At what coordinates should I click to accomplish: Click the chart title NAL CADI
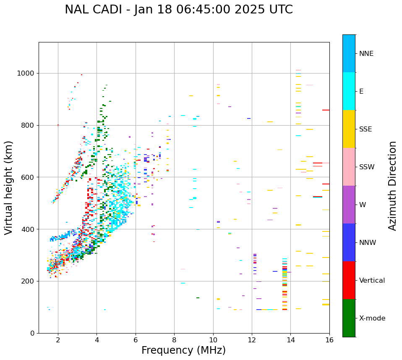coord(179,10)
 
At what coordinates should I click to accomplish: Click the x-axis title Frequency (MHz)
coord(183,350)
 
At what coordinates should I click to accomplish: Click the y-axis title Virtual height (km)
coord(9,188)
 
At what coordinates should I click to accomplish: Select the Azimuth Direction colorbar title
coord(392,186)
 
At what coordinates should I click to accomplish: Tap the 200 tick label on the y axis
coord(29,281)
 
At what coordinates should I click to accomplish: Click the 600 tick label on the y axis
coord(29,177)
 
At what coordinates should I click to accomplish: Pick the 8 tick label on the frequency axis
coord(174,340)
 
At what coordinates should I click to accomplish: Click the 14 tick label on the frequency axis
coord(290,340)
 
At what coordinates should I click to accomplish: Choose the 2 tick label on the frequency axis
coord(58,340)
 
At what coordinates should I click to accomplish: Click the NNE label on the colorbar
coord(366,54)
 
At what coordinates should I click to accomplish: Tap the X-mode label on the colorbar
coord(372,318)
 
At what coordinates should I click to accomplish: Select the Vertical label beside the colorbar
coord(372,281)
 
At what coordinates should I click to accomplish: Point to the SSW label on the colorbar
coord(367,167)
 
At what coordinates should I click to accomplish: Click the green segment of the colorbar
coord(349,318)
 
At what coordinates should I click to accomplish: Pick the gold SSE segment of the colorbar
coord(349,129)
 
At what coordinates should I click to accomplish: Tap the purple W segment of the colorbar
coord(349,205)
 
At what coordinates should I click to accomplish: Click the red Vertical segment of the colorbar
coord(349,280)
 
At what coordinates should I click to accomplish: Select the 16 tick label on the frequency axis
coord(329,340)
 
